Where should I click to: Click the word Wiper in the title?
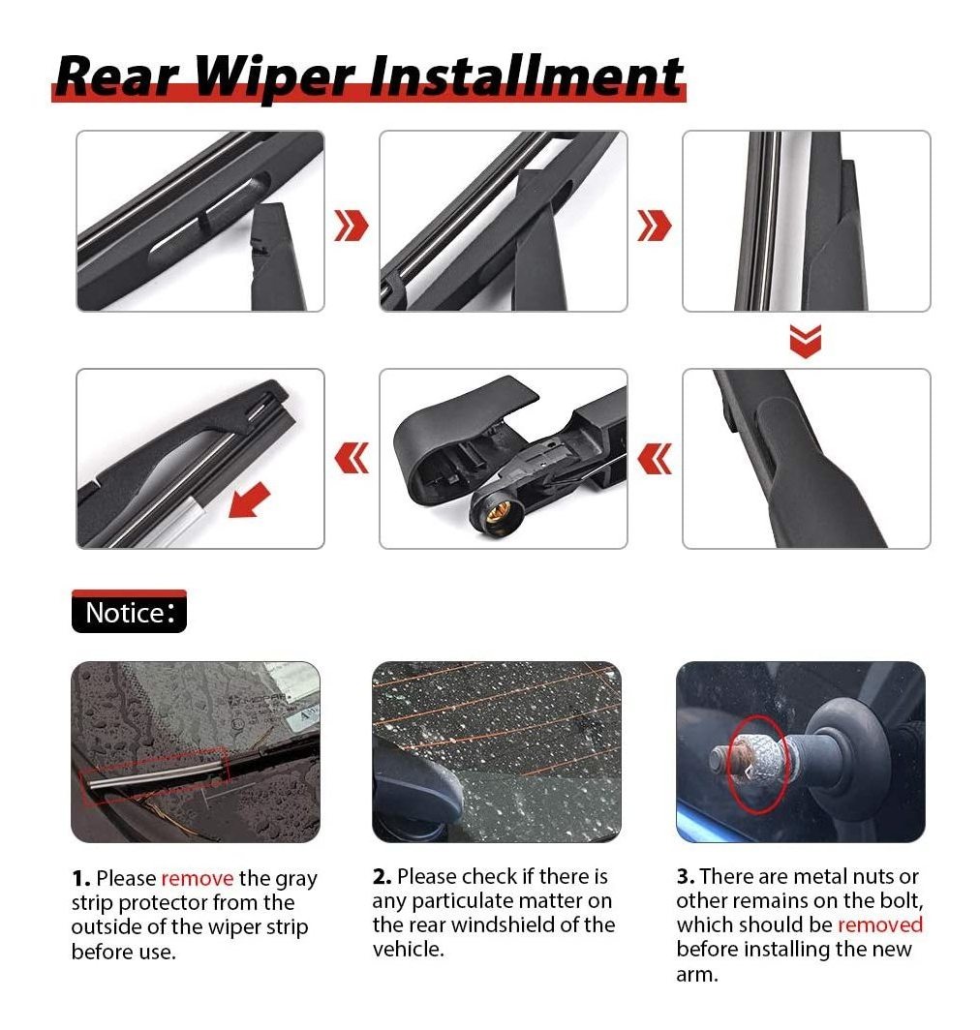[275, 76]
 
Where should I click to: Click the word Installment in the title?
[525, 75]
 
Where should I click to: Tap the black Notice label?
[129, 612]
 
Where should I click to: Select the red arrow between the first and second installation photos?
[352, 226]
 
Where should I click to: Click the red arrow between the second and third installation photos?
[655, 226]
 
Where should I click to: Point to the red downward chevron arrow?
[805, 341]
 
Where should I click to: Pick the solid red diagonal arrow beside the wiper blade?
[249, 500]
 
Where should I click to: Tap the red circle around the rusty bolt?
[759, 763]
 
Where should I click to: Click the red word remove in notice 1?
[198, 878]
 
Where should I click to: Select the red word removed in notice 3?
[880, 924]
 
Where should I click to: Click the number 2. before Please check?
[383, 876]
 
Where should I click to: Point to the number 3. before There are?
[686, 876]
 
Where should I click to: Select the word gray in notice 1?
[295, 880]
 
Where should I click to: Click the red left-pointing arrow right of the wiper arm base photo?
[655, 458]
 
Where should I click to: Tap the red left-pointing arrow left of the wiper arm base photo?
[352, 458]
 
